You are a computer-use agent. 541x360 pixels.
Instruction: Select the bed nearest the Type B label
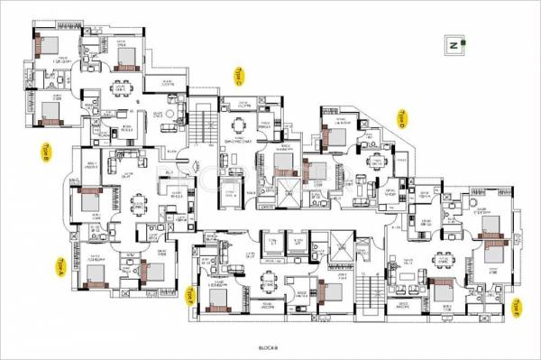tap(91, 199)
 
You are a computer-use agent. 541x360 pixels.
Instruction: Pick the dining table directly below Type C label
tap(238, 125)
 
